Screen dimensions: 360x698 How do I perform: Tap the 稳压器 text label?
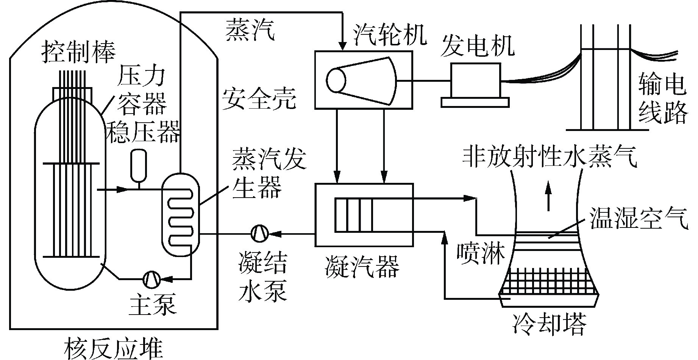coord(142,132)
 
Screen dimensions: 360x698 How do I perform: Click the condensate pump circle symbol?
coord(260,233)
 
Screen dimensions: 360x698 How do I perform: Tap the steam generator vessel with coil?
coord(180,214)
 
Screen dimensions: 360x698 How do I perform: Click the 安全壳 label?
coord(259,98)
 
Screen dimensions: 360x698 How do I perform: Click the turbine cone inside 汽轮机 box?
coord(362,81)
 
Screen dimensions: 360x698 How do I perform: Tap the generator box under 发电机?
coord(475,80)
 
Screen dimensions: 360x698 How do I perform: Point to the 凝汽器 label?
coord(362,266)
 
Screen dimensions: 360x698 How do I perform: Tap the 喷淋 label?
coord(481,253)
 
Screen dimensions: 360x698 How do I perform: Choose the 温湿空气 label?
coord(639,219)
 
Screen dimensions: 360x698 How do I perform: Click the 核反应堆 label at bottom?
coord(114,349)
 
